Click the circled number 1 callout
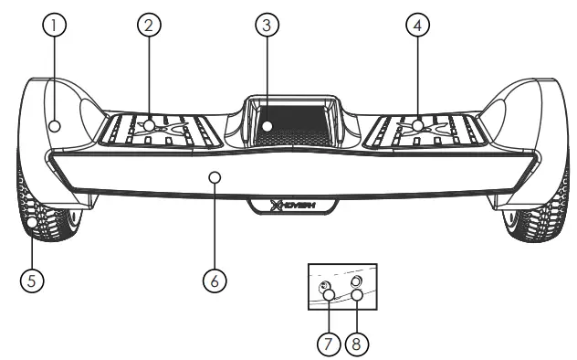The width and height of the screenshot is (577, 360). point(55,26)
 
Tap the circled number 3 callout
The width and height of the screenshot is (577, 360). point(266,26)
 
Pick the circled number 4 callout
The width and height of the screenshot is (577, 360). point(417,26)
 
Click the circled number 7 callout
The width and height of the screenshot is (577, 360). point(327,344)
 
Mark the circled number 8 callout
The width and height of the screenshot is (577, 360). point(357,344)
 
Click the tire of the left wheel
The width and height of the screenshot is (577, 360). point(37,219)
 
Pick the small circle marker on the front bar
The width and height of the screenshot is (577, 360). point(215,176)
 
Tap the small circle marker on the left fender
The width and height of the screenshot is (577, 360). point(56,126)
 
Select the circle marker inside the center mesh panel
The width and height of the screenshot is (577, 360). point(268,125)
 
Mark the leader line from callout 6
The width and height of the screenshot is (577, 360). point(215,228)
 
